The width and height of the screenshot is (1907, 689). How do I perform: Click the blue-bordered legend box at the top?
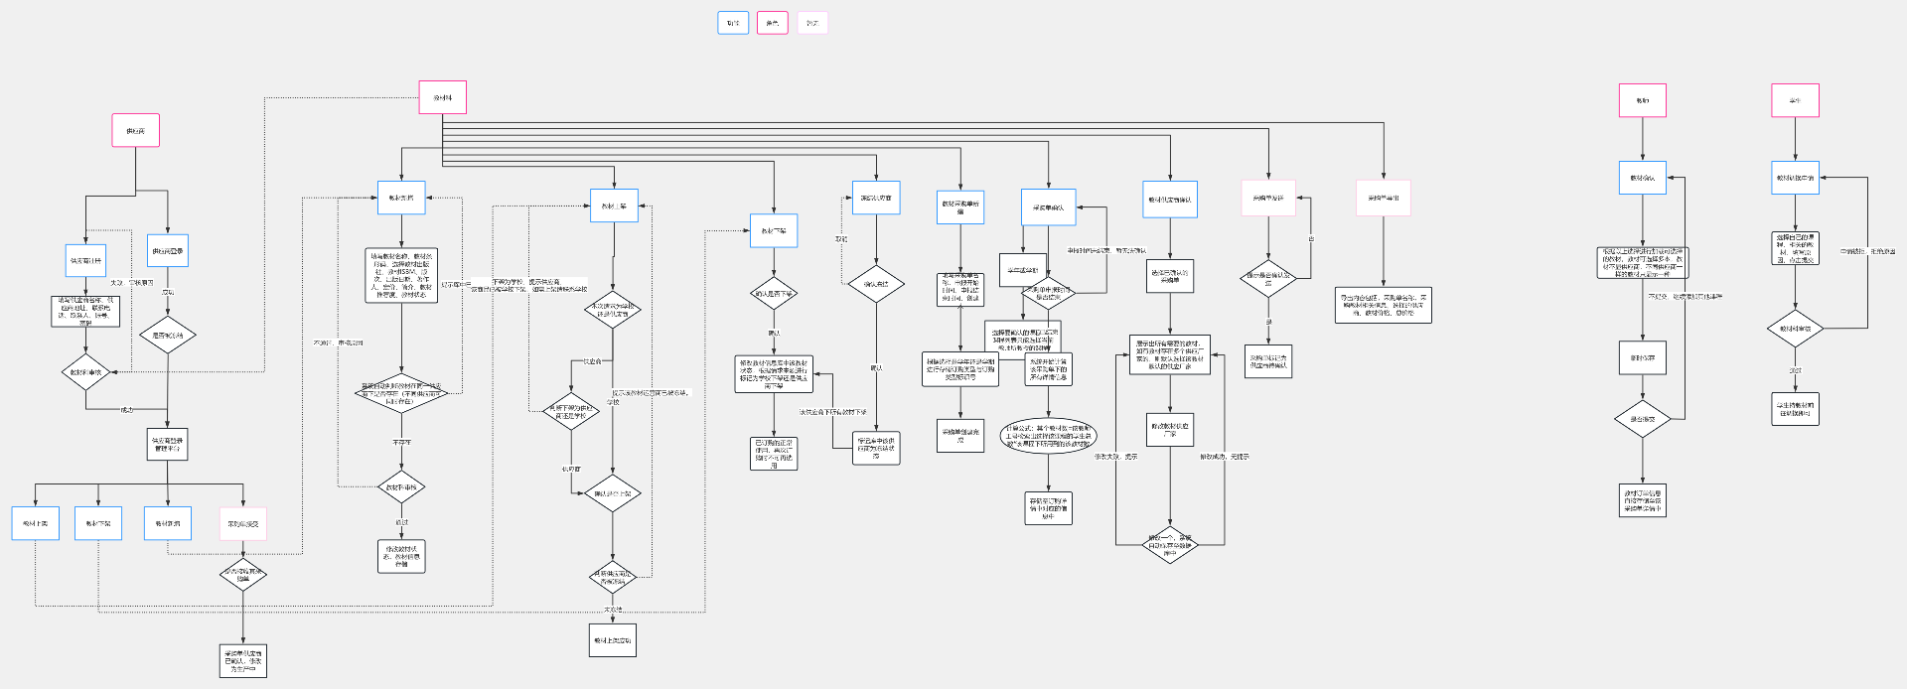pos(733,23)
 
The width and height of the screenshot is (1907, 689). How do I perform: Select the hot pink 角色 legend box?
pos(773,23)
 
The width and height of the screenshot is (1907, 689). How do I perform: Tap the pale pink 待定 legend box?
pos(812,23)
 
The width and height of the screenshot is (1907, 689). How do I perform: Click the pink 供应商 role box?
pos(136,130)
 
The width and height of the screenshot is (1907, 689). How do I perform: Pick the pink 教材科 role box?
pos(443,97)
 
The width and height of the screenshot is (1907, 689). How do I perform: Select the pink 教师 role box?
pos(1643,100)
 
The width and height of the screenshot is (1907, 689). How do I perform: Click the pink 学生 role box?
pos(1795,100)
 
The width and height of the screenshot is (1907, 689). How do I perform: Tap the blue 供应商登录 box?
pos(168,250)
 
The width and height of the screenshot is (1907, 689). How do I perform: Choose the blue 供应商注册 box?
pos(86,260)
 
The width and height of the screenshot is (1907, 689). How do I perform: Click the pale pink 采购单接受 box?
pos(243,523)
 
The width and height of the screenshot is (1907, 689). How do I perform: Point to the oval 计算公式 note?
pos(1049,436)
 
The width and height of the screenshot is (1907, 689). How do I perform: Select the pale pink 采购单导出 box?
pos(1384,198)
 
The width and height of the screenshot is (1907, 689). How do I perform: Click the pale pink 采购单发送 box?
pos(1268,198)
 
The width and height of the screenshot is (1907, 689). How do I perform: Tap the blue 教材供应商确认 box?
pos(1170,200)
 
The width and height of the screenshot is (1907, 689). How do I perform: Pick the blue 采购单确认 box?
pos(1049,207)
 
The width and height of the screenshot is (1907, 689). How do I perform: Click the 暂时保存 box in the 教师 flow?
pos(1643,357)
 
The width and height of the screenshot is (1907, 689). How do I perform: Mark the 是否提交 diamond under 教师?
pos(1643,419)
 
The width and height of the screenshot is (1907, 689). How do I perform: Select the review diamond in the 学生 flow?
pos(1795,328)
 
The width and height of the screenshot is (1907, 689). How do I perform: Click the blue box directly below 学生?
pos(1795,178)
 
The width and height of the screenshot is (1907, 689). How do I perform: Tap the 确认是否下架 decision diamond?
pos(774,293)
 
